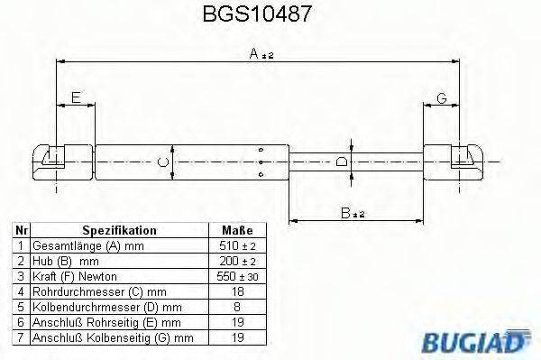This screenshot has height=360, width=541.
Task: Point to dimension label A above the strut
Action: [256, 54]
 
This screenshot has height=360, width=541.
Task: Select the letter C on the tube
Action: [162, 162]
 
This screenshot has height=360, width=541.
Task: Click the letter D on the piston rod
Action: [341, 162]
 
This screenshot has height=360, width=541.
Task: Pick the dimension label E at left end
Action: [76, 97]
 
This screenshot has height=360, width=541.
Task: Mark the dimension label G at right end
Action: [442, 97]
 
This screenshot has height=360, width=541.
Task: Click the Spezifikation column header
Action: [119, 230]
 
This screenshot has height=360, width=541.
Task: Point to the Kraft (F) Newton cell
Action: [75, 275]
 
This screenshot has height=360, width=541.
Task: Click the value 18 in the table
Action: [237, 291]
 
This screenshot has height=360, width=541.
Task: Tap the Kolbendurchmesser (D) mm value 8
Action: [237, 306]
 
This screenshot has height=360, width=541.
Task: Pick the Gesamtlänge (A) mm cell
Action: [87, 245]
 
